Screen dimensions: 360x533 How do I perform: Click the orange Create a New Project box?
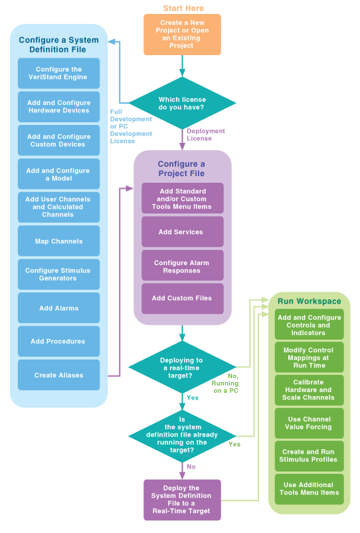pyautogui.click(x=182, y=35)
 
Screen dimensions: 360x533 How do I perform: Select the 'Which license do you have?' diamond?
pyautogui.click(x=183, y=103)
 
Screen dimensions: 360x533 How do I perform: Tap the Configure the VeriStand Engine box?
pyautogui.click(x=58, y=73)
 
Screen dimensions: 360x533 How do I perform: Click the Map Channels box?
pyautogui.click(x=58, y=241)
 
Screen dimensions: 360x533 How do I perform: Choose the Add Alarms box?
pyautogui.click(x=58, y=308)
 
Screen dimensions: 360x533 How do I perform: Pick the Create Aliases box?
pyautogui.click(x=58, y=375)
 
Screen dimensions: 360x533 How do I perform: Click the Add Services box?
pyautogui.click(x=183, y=232)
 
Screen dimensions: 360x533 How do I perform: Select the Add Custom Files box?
pyautogui.click(x=183, y=298)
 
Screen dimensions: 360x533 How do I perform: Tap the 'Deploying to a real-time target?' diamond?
pyautogui.click(x=183, y=367)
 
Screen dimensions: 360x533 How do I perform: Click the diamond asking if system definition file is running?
pyautogui.click(x=183, y=436)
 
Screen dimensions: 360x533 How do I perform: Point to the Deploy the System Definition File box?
pyautogui.click(x=182, y=500)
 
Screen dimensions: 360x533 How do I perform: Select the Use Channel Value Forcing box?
pyautogui.click(x=309, y=423)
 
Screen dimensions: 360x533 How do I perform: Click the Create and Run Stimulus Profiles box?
pyautogui.click(x=309, y=456)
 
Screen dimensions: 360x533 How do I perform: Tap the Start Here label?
pyautogui.click(x=183, y=8)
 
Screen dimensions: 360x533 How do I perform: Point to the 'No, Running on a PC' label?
pyautogui.click(x=225, y=383)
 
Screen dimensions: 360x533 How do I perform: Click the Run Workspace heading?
pyautogui.click(x=309, y=301)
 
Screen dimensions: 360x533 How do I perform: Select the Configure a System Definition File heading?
pyautogui.click(x=58, y=45)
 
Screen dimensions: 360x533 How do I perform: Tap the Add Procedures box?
pyautogui.click(x=58, y=342)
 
